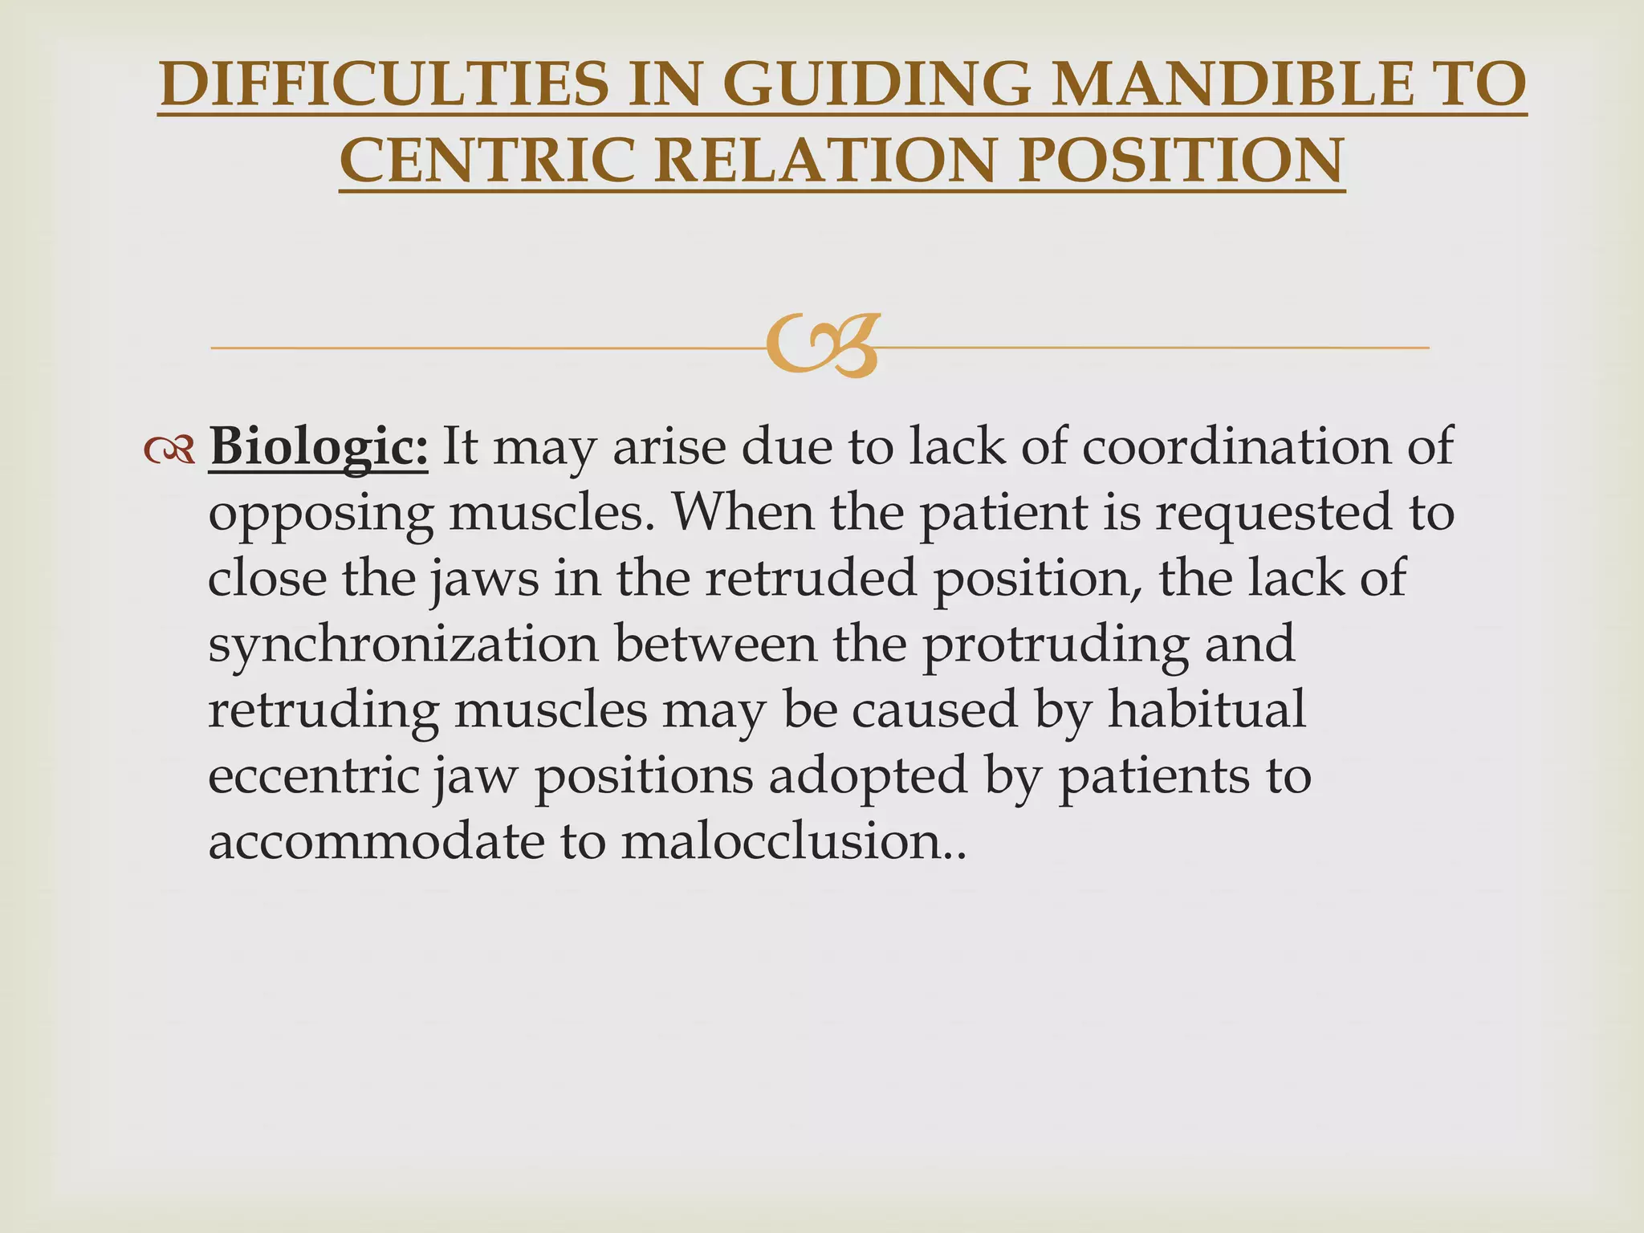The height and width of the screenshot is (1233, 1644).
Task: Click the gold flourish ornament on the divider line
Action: pyautogui.click(x=822, y=347)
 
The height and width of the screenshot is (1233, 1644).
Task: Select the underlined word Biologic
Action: pyautogui.click(x=318, y=447)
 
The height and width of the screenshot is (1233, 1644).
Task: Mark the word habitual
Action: pyautogui.click(x=1207, y=710)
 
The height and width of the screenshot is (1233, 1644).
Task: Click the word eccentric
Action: pyautogui.click(x=313, y=776)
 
